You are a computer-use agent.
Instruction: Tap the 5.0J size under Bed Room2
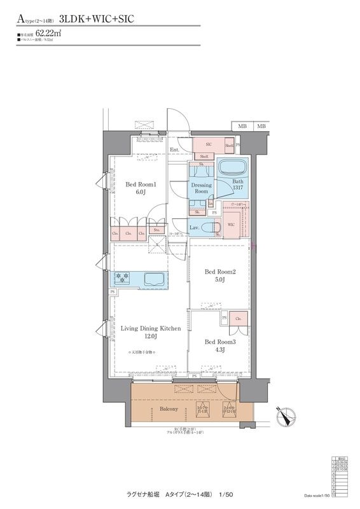(220, 281)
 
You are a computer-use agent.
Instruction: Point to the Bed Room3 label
(220, 342)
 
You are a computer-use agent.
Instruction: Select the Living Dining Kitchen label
(151, 328)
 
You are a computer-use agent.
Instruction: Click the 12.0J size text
(150, 337)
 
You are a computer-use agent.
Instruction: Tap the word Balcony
(169, 408)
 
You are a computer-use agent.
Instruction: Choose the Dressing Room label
(202, 188)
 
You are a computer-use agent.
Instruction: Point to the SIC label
(209, 144)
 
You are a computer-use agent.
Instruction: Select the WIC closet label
(232, 225)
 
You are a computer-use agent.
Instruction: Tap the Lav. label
(196, 227)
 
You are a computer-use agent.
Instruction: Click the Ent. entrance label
(174, 150)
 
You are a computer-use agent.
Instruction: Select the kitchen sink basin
(155, 279)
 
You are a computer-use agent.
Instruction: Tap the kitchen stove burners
(122, 277)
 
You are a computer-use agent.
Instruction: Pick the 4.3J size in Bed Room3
(220, 350)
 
